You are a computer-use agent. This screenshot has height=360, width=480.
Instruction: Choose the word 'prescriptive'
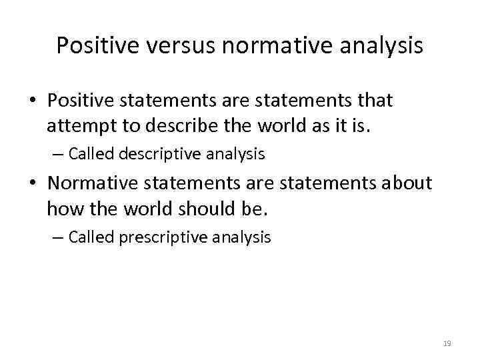pos(161,237)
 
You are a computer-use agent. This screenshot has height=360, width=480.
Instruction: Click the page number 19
pos(447,343)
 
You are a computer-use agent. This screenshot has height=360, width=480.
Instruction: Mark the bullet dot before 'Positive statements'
pos(32,101)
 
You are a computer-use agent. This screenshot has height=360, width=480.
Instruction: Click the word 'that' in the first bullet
pos(374,101)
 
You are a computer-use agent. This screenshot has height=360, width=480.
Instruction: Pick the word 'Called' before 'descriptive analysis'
pos(91,154)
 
